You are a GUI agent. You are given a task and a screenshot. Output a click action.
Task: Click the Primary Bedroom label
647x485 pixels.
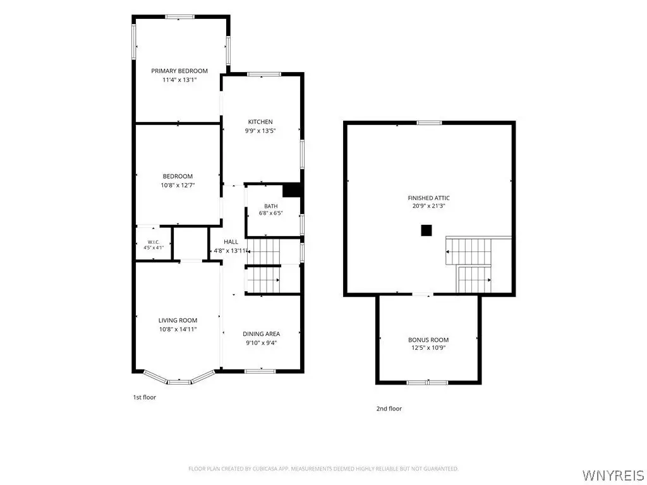179,71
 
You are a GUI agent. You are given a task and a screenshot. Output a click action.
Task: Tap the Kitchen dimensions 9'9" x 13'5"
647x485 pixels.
260,131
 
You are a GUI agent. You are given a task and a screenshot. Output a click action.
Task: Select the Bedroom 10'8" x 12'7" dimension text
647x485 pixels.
178,185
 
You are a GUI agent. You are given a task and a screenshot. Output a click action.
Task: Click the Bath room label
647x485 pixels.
270,207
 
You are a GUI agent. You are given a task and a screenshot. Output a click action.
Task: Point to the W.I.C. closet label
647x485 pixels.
154,242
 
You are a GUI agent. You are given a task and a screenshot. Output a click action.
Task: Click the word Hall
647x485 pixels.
231,242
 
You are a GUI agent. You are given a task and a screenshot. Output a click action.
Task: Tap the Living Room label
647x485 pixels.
178,320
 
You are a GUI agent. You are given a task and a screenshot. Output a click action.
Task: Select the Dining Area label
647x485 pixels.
261,334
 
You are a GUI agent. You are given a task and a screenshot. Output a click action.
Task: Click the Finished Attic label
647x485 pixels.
429,198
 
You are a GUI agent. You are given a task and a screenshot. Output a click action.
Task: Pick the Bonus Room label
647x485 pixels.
428,340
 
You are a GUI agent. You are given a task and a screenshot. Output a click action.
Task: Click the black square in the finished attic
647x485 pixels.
426,231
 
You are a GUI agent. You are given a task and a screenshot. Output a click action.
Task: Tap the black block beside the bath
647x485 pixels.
292,190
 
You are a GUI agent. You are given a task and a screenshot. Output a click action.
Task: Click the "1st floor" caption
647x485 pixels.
145,398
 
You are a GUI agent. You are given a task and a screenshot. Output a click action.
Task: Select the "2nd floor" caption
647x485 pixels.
389,409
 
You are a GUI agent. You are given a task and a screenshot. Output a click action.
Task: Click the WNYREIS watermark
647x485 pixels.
613,475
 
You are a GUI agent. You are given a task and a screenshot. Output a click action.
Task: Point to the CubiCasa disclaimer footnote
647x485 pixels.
323,469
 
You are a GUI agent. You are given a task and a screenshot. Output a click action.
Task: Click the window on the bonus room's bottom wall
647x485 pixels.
427,383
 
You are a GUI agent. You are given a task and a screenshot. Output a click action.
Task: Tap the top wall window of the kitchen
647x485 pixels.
264,75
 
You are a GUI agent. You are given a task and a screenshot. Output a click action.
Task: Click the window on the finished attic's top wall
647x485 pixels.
429,123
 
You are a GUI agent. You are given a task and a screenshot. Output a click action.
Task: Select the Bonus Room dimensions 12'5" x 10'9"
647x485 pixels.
428,348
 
